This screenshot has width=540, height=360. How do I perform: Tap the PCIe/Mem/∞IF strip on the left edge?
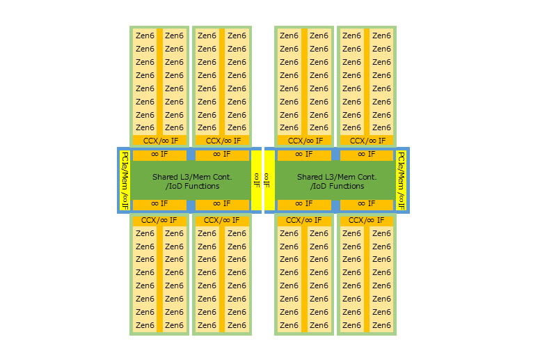pyautogui.click(x=125, y=180)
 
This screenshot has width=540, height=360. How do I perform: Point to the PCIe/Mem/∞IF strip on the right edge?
pyautogui.click(x=402, y=180)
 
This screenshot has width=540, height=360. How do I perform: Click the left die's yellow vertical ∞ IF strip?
pyautogui.click(x=256, y=180)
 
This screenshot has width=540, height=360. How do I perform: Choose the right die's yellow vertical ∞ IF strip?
pyautogui.click(x=269, y=180)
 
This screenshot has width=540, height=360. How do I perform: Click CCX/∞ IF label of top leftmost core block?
pyautogui.click(x=159, y=141)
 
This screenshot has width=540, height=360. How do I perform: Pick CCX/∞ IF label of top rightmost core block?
pyautogui.click(x=367, y=141)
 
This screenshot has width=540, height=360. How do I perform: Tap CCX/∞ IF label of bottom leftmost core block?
pyautogui.click(x=159, y=220)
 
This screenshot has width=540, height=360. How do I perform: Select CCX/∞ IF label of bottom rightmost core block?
pyautogui.click(x=367, y=220)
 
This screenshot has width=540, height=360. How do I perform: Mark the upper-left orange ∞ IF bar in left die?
pyautogui.click(x=159, y=155)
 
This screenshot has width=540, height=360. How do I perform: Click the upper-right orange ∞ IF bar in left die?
pyautogui.click(x=222, y=155)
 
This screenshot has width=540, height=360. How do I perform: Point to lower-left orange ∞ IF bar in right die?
pyautogui.click(x=304, y=204)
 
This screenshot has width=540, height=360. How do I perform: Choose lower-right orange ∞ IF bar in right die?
pyautogui.click(x=367, y=204)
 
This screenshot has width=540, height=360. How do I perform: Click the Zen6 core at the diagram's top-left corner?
pyautogui.click(x=145, y=36)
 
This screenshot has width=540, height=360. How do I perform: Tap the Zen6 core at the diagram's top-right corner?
pyautogui.click(x=381, y=36)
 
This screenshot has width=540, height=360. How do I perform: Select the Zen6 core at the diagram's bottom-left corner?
pyautogui.click(x=145, y=325)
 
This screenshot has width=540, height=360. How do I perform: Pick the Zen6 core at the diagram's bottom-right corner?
pyautogui.click(x=381, y=325)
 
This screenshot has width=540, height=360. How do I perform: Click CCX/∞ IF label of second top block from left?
pyautogui.click(x=222, y=141)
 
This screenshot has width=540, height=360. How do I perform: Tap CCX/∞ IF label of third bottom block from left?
pyautogui.click(x=304, y=220)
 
